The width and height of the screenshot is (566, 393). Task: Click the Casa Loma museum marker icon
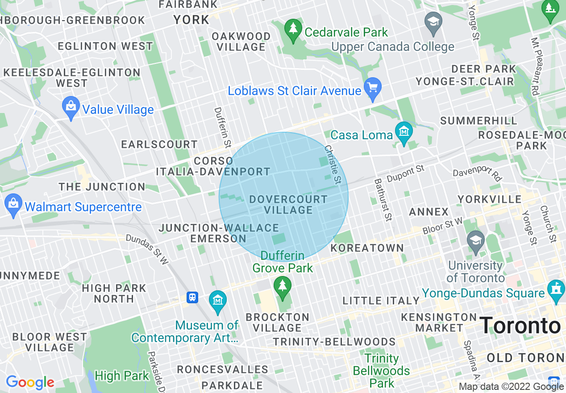click(x=404, y=132)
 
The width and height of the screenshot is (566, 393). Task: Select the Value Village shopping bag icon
click(x=71, y=107)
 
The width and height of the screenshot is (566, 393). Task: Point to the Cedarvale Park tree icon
click(x=293, y=29)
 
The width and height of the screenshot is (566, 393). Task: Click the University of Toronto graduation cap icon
click(x=475, y=240)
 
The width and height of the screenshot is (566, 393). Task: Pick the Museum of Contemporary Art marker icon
click(x=218, y=300)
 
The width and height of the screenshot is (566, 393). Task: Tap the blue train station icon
click(x=192, y=297)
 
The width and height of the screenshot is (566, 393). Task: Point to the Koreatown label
click(x=367, y=248)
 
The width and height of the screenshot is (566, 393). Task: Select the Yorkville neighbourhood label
click(x=489, y=199)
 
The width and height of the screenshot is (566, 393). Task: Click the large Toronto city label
click(x=520, y=326)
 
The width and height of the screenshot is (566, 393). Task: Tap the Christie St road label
click(x=333, y=164)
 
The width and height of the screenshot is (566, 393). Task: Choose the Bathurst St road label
click(x=383, y=200)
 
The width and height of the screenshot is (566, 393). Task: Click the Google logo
click(x=30, y=382)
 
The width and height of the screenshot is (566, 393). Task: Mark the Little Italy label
click(x=381, y=301)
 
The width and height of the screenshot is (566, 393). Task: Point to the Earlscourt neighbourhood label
click(x=159, y=144)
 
